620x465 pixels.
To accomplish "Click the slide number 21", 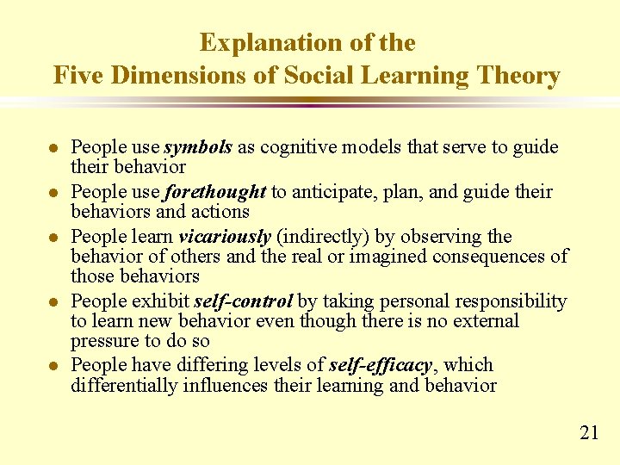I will point(589,432).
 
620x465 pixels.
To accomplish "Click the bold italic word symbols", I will point(198,147).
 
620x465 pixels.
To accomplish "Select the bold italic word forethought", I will point(216,191).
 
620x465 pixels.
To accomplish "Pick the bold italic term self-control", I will point(244,301).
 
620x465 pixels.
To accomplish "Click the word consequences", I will point(490,257).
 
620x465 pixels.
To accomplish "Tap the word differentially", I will point(124,385).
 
